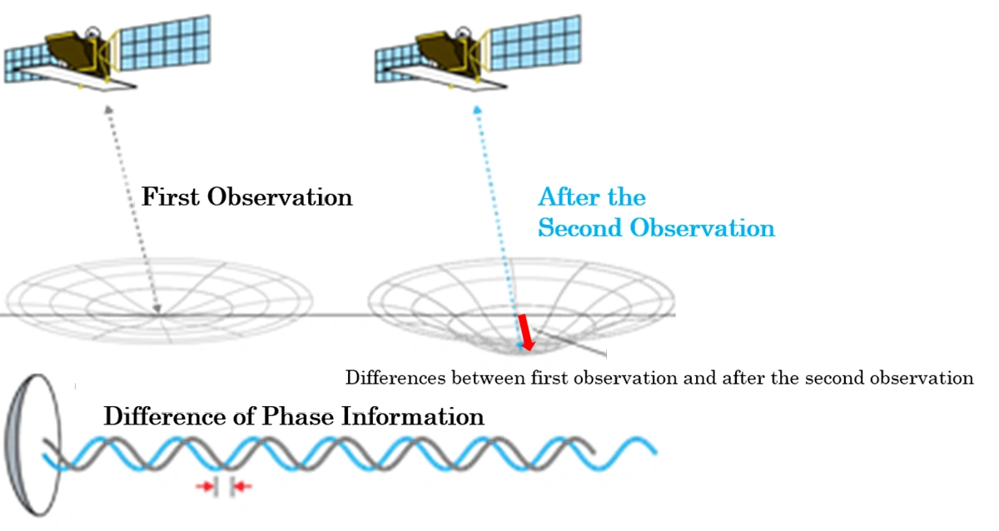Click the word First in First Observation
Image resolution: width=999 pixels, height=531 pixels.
coord(171,196)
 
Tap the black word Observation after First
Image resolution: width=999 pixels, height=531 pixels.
coord(280,196)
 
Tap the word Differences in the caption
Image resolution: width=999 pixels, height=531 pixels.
coord(395,378)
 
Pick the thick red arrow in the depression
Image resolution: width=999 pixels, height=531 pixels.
coord(526,333)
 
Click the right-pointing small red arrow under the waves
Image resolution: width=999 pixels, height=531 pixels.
coord(205,486)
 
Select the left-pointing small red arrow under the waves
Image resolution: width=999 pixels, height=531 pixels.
coord(242,486)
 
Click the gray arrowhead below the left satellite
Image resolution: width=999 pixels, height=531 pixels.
coord(108,110)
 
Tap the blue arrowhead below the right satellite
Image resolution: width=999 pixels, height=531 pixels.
coord(477,110)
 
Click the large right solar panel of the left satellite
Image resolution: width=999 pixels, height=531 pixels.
coord(165,42)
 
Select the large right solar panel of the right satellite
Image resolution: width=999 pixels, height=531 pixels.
coord(535,42)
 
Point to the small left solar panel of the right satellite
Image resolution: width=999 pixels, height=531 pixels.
coord(395,65)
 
